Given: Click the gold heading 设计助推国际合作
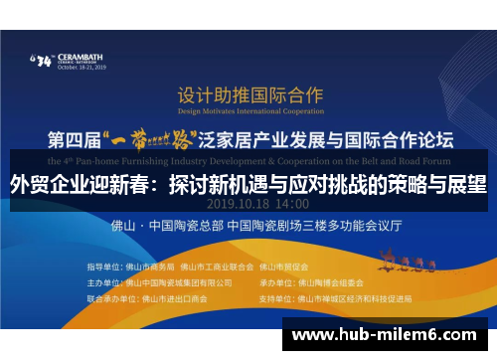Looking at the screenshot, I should click(x=249, y=95).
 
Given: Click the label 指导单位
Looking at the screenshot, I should click(x=102, y=268).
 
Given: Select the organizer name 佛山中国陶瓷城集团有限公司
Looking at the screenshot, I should click(x=187, y=282).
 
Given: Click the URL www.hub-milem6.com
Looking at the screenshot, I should click(x=386, y=335).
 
